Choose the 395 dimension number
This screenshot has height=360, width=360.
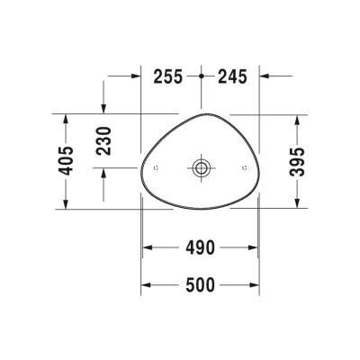[x=300, y=160]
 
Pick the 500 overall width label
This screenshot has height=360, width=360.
[x=202, y=285]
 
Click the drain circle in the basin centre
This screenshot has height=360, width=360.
[x=201, y=167]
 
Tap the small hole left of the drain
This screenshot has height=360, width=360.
[x=157, y=167]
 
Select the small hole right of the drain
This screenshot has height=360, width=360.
[x=245, y=167]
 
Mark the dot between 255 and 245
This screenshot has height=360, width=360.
[x=202, y=76]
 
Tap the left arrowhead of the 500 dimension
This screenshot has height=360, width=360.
[x=146, y=285]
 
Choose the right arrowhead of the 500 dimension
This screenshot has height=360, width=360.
[x=257, y=285]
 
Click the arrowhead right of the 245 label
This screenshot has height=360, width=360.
[x=265, y=76]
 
